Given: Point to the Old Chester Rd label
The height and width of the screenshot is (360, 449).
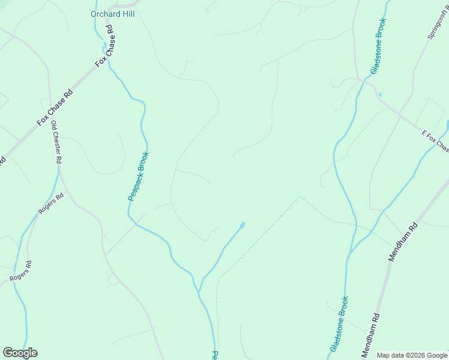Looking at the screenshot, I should [56, 142].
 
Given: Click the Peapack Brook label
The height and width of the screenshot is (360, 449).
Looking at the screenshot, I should [139, 176].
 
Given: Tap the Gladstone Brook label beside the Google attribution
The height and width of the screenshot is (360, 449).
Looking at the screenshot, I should [339, 324].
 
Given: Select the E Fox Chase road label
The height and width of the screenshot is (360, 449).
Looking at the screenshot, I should [434, 139].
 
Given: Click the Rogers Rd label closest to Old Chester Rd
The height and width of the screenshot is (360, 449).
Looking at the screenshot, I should [51, 204].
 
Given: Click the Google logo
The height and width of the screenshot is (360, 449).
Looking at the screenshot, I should [20, 353].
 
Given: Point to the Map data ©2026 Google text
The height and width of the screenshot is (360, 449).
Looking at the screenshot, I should [412, 355].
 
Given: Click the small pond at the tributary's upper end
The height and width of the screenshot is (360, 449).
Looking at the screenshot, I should [243, 225].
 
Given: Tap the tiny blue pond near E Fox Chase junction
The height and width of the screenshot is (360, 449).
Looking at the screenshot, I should [380, 94].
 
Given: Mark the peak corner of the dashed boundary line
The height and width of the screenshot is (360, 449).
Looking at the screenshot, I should [300, 196].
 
